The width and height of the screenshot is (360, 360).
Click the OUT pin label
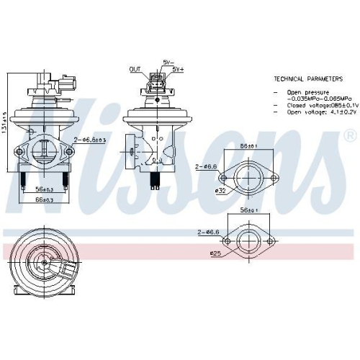[135, 70]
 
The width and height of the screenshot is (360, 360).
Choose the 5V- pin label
[168, 63]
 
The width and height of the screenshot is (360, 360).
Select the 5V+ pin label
[177, 70]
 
